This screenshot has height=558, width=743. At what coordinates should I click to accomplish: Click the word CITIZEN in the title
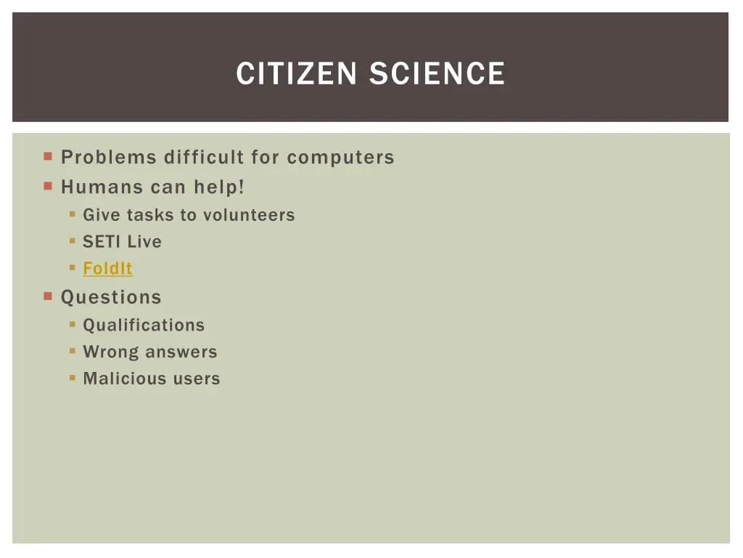[298, 74]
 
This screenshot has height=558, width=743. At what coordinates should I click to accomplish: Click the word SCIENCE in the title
[437, 74]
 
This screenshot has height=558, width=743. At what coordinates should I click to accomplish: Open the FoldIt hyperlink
[107, 269]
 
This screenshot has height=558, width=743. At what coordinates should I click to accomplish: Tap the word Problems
[109, 158]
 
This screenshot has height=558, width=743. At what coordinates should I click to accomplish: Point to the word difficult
[204, 158]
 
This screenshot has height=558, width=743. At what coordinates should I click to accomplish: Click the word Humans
[102, 187]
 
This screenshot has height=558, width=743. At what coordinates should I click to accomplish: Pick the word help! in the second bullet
[219, 187]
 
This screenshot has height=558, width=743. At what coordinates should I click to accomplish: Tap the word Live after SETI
[144, 242]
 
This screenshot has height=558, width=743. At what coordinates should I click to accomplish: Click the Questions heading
[111, 297]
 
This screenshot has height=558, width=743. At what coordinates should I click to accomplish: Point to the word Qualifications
[144, 325]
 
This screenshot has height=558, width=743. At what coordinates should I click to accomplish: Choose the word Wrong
[112, 352]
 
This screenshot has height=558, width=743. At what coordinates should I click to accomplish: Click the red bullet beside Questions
[48, 296]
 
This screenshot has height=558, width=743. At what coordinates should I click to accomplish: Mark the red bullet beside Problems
[48, 156]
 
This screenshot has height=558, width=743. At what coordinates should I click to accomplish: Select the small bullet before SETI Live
[73, 241]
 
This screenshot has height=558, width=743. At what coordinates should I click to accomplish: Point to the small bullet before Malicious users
[73, 378]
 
